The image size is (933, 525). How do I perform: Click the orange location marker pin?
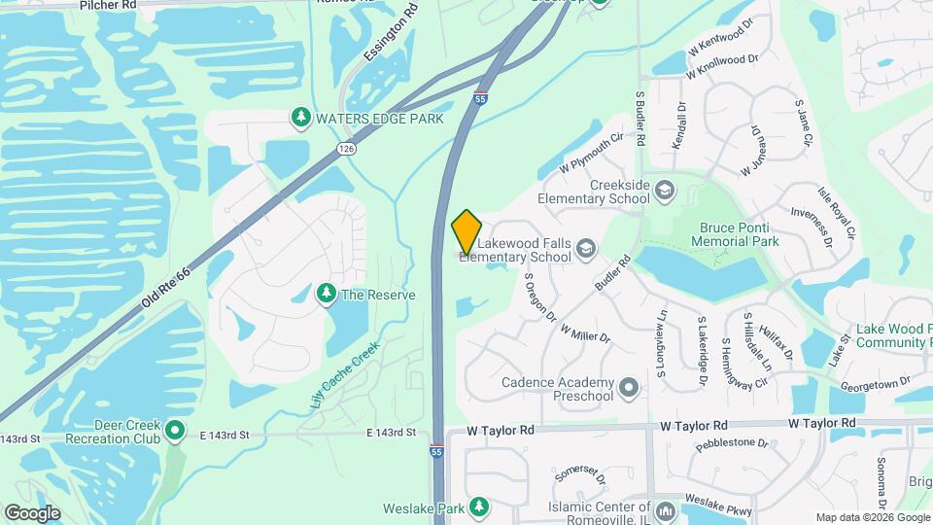coord(466,232)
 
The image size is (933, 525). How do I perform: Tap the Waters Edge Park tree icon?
coord(301,119)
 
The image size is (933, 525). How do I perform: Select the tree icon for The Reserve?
coord(327,294)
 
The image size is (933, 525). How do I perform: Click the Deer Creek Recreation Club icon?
coord(175,430)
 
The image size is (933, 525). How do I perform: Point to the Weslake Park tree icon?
coord(478,507)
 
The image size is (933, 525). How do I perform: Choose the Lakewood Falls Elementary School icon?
coord(586,250)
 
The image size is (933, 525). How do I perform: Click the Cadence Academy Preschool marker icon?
coord(629,389)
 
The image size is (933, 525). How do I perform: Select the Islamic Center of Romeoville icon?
coord(666,511)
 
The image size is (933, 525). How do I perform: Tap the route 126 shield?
coord(347,148)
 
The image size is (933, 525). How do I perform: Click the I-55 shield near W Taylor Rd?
coord(438,451)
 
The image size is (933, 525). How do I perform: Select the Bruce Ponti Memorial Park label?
coord(741,233)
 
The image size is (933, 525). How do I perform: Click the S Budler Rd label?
coord(640,120)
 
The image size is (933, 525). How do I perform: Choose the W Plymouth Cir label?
coord(590,156)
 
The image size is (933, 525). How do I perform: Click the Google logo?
coord(32,512)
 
